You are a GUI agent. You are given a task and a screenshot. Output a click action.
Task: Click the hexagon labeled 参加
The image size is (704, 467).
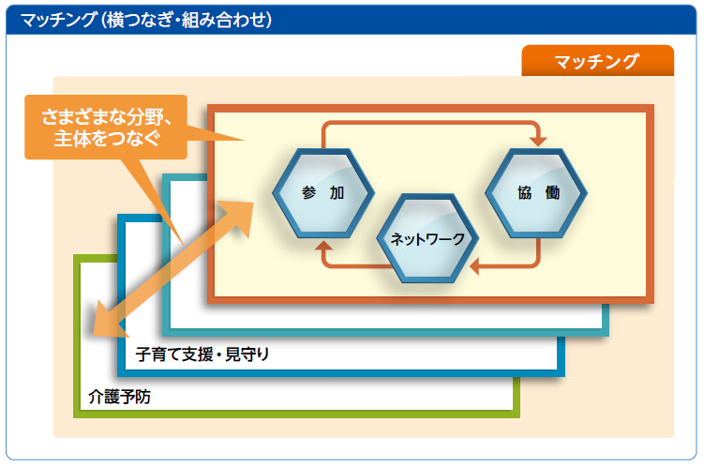[x=323, y=193]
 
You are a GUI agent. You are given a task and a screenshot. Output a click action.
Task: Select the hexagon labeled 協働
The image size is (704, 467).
[x=536, y=193]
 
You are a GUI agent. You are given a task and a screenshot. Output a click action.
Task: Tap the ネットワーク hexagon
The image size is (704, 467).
[x=427, y=238]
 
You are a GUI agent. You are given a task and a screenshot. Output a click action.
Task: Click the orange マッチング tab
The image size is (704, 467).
[x=597, y=61]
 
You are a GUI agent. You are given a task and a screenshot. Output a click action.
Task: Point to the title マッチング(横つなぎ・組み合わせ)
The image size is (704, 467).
[x=146, y=20]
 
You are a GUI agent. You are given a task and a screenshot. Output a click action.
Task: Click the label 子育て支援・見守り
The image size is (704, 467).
[x=202, y=354]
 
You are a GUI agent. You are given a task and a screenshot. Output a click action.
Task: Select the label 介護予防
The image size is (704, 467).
[x=119, y=397]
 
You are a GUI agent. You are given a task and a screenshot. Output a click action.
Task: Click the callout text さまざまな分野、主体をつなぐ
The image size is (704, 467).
[x=107, y=128]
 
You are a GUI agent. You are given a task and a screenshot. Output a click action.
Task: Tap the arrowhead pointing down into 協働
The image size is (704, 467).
[x=538, y=141]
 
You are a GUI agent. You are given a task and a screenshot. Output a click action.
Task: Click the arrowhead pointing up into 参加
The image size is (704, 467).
[x=323, y=246]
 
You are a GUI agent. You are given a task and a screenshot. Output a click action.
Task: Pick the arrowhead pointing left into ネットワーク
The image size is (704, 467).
[x=474, y=266]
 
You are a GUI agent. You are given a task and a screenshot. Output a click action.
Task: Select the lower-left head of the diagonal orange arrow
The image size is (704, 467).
[x=108, y=321]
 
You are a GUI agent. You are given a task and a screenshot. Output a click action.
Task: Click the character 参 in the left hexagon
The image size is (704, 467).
[x=309, y=192]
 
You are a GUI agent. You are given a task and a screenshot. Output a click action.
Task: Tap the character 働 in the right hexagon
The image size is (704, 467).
[x=552, y=192]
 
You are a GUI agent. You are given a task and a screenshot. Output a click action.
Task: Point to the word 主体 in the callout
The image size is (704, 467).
[x=74, y=138]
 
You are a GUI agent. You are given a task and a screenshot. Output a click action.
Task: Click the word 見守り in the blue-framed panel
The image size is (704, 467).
[x=247, y=354]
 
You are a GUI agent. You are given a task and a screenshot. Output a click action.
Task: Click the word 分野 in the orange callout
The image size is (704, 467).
[x=145, y=117]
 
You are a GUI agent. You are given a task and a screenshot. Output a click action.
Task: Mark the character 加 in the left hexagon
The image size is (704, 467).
[x=337, y=192]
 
